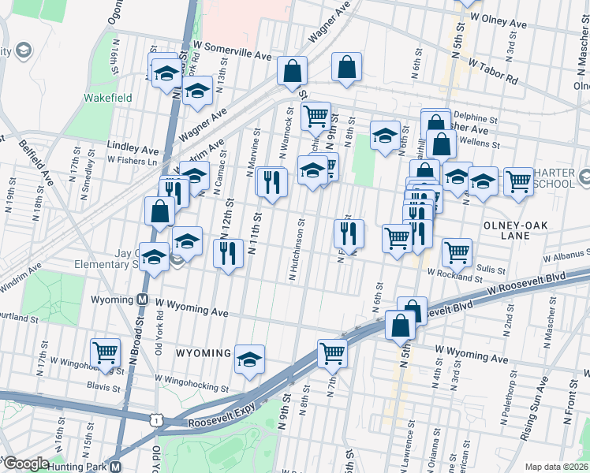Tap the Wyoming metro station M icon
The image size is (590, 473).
click(143, 300)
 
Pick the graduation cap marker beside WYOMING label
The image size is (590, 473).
click(249, 359)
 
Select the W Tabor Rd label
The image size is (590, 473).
click(492, 71)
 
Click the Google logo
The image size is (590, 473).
click(25, 464)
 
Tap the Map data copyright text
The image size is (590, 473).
click(557, 467)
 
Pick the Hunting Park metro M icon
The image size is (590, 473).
click(116, 467)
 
